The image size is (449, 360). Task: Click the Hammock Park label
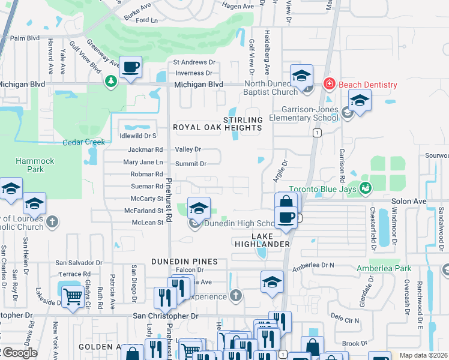click(x=35, y=165)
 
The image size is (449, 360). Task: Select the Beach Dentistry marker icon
click(x=329, y=84)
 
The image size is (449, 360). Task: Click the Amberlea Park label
click(x=384, y=268)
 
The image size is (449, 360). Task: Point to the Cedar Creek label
click(x=84, y=142)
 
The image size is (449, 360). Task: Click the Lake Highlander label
click(x=262, y=240)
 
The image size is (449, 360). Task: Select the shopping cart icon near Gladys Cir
click(x=73, y=296)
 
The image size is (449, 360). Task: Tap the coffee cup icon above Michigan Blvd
click(x=130, y=67)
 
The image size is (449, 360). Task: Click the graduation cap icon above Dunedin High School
click(x=199, y=208)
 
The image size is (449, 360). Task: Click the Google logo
click(x=19, y=352)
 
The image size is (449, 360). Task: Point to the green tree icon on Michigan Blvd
click(x=110, y=81)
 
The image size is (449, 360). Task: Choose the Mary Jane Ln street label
click(x=143, y=162)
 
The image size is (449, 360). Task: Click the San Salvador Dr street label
click(x=79, y=263)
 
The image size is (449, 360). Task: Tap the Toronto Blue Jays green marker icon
click(x=366, y=188)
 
